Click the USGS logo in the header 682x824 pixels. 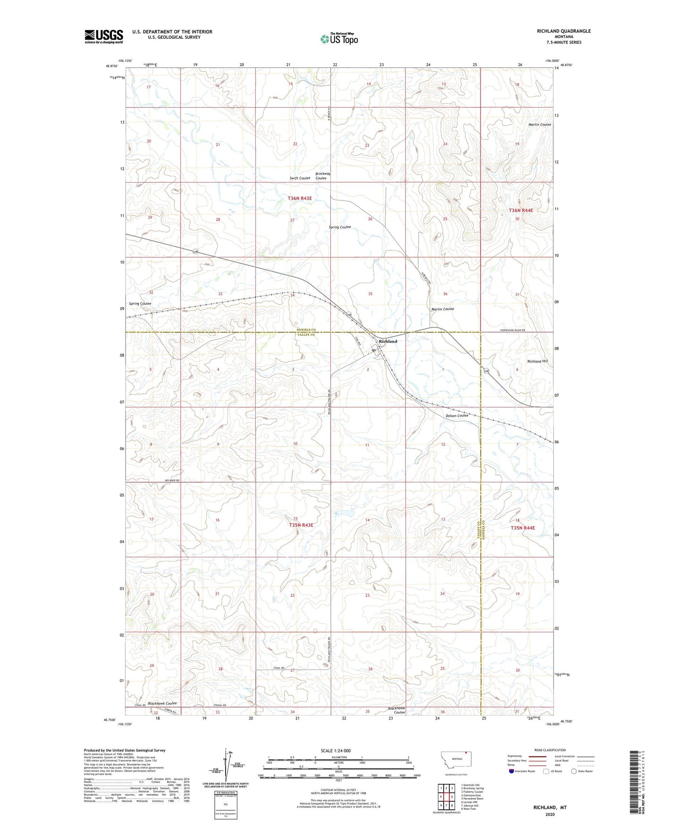(104, 36)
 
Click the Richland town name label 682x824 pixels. (388, 341)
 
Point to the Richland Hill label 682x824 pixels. (538, 361)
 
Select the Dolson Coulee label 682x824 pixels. (457, 415)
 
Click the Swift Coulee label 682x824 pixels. (300, 178)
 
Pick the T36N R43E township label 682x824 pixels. (300, 199)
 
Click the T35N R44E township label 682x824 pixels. (522, 528)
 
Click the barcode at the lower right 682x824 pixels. (637, 781)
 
